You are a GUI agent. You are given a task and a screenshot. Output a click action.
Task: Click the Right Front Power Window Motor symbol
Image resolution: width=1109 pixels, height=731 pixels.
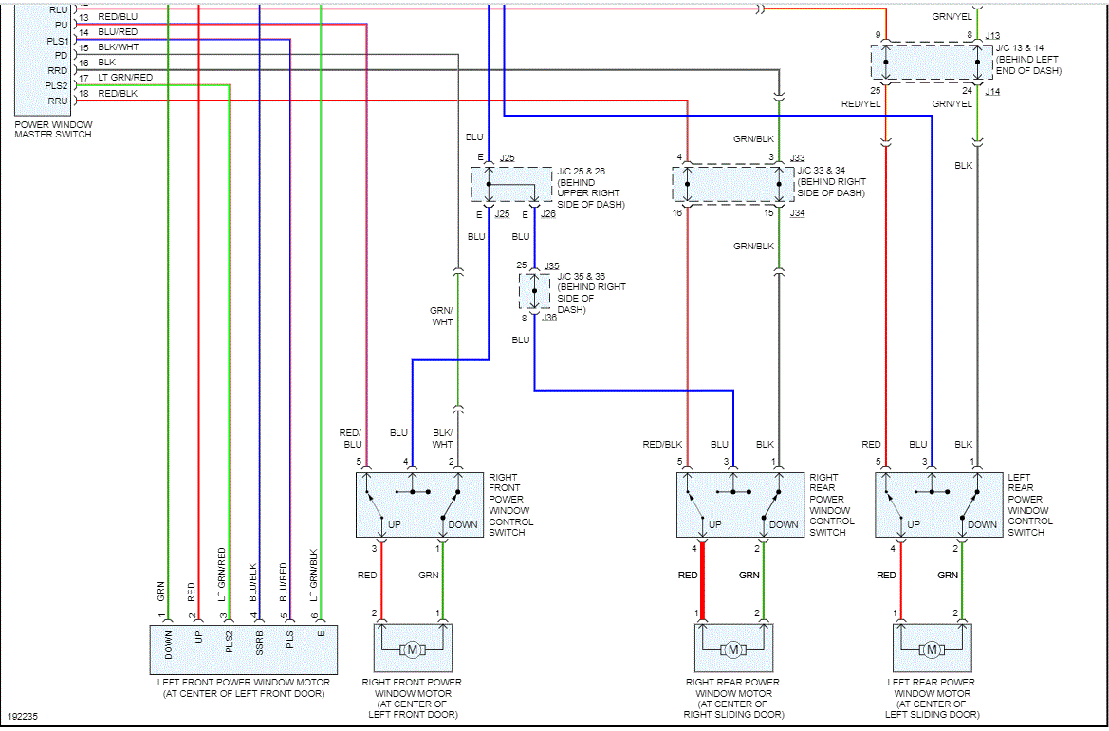[413, 649]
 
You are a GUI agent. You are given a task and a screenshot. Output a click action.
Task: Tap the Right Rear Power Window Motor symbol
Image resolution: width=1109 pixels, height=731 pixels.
[732, 649]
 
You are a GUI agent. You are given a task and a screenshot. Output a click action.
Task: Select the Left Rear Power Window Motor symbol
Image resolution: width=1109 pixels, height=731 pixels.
[932, 649]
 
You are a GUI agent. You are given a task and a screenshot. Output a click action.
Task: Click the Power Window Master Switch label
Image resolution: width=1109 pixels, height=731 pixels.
[53, 129]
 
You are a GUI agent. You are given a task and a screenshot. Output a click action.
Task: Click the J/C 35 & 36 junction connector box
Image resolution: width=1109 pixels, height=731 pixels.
[534, 291]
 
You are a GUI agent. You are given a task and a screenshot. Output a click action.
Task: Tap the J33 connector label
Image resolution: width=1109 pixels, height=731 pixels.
[797, 158]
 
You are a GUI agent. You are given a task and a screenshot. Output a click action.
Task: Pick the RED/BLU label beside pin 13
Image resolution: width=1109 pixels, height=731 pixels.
[118, 17]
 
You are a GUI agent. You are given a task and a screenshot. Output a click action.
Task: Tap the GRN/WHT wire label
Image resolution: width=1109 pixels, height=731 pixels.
[441, 316]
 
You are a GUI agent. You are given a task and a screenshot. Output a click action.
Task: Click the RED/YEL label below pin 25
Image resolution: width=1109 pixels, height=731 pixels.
[857, 103]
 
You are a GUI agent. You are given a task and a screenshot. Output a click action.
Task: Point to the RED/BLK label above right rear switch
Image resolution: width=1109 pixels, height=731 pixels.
[662, 444]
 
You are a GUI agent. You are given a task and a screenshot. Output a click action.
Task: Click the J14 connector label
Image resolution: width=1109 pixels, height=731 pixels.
[992, 91]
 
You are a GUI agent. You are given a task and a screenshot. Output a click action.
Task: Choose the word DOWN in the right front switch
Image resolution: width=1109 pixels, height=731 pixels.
[463, 524]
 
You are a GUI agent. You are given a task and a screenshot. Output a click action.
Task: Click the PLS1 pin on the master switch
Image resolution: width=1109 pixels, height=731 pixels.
[57, 41]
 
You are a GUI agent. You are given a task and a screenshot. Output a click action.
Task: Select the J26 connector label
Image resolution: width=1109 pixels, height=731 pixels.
[547, 214]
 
